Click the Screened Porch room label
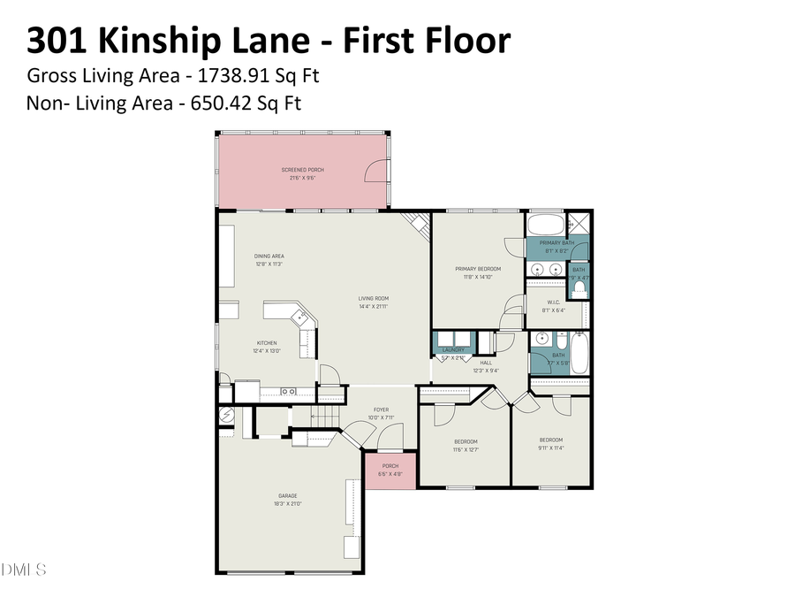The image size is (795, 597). [298, 169]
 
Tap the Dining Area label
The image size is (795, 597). [269, 256]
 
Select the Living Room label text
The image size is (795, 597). [373, 298]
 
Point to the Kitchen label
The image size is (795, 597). [267, 343]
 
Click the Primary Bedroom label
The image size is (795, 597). [478, 269]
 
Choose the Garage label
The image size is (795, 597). [288, 495]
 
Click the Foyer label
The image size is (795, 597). [380, 409]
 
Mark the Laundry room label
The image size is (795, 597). [453, 350]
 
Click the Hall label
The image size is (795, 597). [486, 363]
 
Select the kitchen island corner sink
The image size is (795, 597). [299, 315]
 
